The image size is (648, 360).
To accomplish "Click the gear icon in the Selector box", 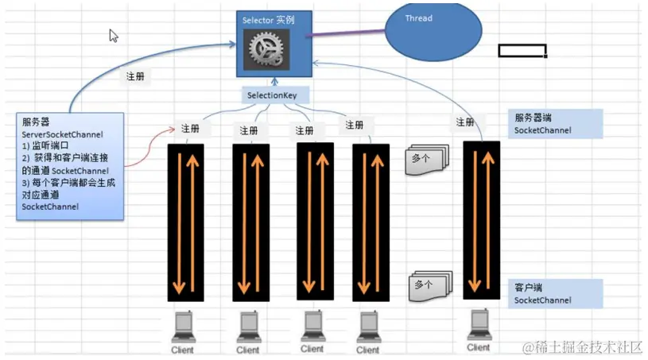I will tap(268, 50).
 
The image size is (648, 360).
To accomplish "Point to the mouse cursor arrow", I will tap(114, 36).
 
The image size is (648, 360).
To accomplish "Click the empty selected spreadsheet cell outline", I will tap(522, 51).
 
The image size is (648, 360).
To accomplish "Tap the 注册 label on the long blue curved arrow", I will tap(136, 77).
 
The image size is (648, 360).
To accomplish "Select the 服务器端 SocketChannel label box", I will tap(557, 123).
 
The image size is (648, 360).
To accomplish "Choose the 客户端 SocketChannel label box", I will tap(557, 292).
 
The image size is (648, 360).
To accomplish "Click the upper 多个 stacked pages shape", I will tap(429, 159).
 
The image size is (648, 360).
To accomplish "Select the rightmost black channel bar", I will tap(482, 220).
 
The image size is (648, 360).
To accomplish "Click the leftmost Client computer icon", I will tap(184, 327).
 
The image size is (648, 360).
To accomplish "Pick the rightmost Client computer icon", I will tap(479, 326).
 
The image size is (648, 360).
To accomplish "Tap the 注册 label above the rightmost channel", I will tap(466, 123).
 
